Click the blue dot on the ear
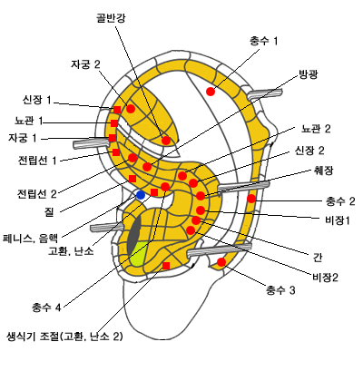pos(141,195)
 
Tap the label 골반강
pos(111,18)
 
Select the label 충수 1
pos(263,41)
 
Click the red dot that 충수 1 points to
pos(211,91)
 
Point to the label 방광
pos(309,74)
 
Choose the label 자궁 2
pos(85,64)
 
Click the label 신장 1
pos(37,100)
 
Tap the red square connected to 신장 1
pos(117,110)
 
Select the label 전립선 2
pos(37,193)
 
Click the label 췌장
pos(323,171)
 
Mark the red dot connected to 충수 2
pos(251,199)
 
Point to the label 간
pos(317,257)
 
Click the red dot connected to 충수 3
pos(221,262)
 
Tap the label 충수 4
pos(46,308)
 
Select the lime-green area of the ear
pos(138,254)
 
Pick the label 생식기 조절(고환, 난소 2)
pos(64,337)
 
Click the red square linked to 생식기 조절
pos(166,266)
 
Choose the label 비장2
pos(325,277)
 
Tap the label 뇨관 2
pos(316,129)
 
